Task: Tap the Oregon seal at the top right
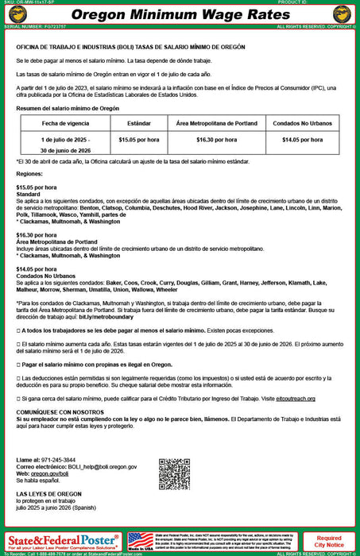tap(343, 14)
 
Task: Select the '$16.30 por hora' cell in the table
tap(217, 139)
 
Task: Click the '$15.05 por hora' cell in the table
tap(138, 139)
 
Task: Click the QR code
tap(174, 474)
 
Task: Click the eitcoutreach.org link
tap(296, 398)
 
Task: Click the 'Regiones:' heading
tap(29, 173)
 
